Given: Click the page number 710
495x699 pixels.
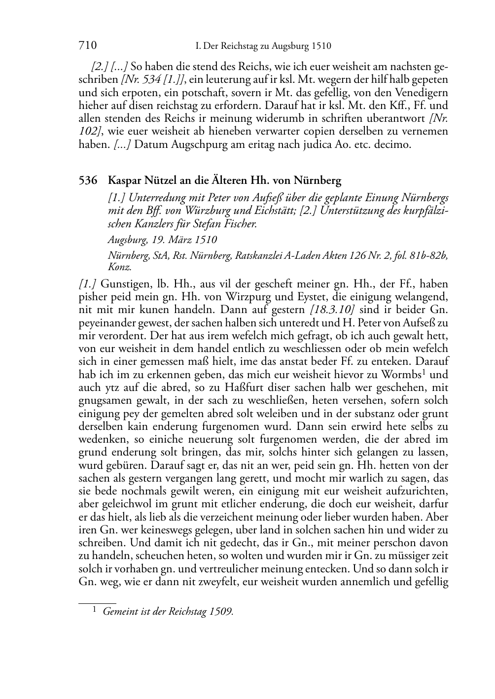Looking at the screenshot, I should [87, 46].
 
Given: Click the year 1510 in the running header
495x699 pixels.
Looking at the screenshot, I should [321, 46].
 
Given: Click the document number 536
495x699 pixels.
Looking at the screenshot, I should [88, 180].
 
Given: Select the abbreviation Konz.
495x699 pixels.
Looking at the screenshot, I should [120, 267].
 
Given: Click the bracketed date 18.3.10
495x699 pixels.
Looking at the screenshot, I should [332, 310].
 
